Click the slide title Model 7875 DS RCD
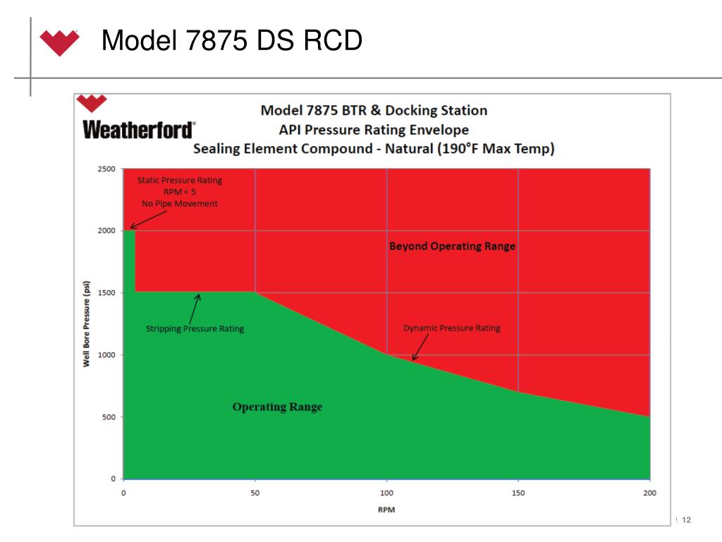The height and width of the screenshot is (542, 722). pyautogui.click(x=232, y=41)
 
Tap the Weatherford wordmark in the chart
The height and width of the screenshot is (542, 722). pyautogui.click(x=138, y=131)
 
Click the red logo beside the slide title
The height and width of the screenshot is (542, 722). pyautogui.click(x=59, y=42)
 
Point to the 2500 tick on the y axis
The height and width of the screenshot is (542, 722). pyautogui.click(x=106, y=169)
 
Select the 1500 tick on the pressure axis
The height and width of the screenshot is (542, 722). pyautogui.click(x=106, y=293)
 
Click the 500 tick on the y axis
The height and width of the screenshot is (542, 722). pyautogui.click(x=109, y=417)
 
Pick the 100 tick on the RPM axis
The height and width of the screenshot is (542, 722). pyautogui.click(x=386, y=493)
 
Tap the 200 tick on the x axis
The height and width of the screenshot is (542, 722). pyautogui.click(x=649, y=493)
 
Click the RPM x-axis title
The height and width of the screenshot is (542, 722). pyautogui.click(x=386, y=510)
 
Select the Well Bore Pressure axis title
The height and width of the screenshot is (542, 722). pyautogui.click(x=87, y=324)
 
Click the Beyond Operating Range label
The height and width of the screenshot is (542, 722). pyautogui.click(x=452, y=246)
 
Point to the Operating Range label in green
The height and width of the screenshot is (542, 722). pyautogui.click(x=277, y=407)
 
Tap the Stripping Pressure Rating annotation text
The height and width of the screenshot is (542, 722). pyautogui.click(x=195, y=329)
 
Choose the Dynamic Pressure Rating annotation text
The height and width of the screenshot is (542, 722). pyautogui.click(x=451, y=328)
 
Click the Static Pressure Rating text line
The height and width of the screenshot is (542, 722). pyautogui.click(x=179, y=180)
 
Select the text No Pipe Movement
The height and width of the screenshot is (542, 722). pyautogui.click(x=180, y=204)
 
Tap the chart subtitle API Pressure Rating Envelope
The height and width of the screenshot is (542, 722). pyautogui.click(x=374, y=130)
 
